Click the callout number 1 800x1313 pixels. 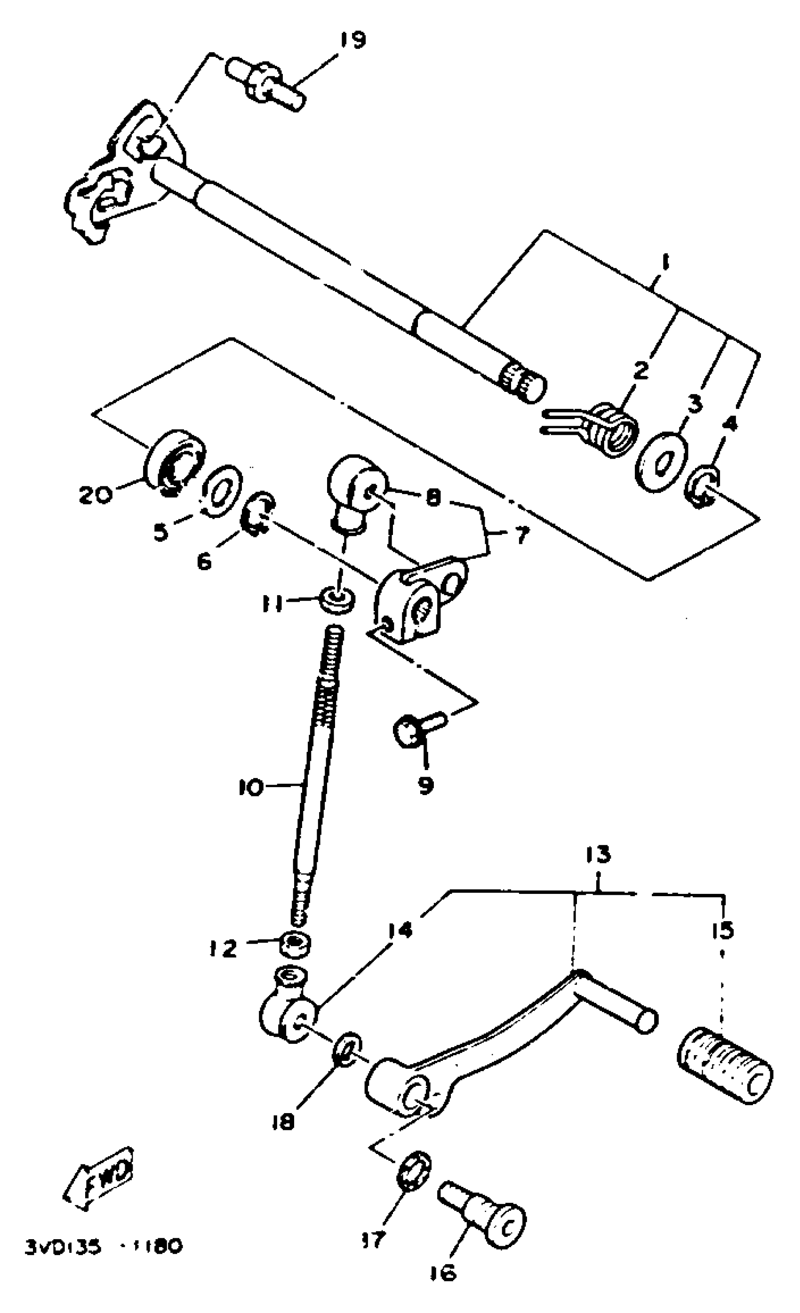[664, 262]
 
